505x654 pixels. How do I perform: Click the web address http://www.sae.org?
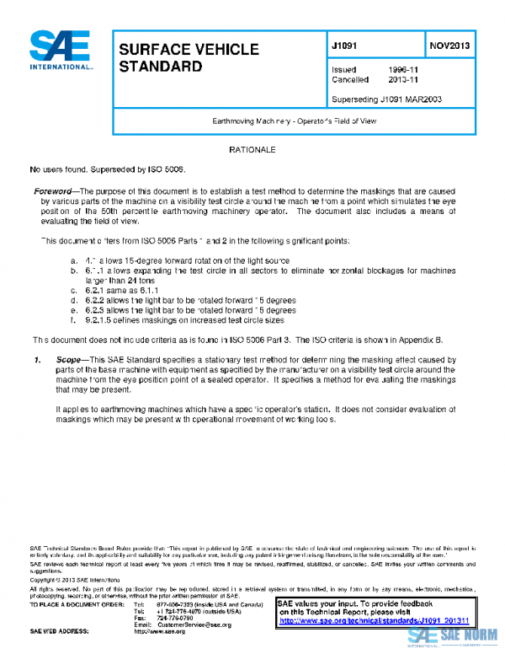[160, 631]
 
